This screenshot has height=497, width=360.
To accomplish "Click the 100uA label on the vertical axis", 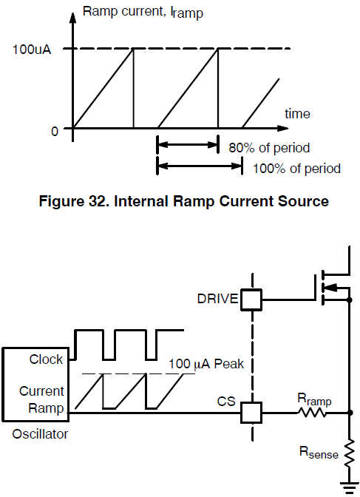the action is point(31,50).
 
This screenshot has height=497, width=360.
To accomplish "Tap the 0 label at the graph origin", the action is point(55,131).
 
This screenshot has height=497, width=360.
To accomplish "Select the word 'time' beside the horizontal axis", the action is point(297,114).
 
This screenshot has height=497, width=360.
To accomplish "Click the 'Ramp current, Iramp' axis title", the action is point(143,12).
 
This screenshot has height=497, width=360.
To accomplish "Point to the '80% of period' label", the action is point(269,148).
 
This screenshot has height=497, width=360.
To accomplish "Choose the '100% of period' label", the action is point(296,169).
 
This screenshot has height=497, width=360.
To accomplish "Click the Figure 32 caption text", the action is point(184,201).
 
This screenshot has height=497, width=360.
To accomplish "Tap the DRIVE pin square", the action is point(251,300).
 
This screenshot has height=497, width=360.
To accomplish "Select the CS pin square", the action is point(251,413).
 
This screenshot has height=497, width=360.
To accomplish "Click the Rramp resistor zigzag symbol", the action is point(312,413).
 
